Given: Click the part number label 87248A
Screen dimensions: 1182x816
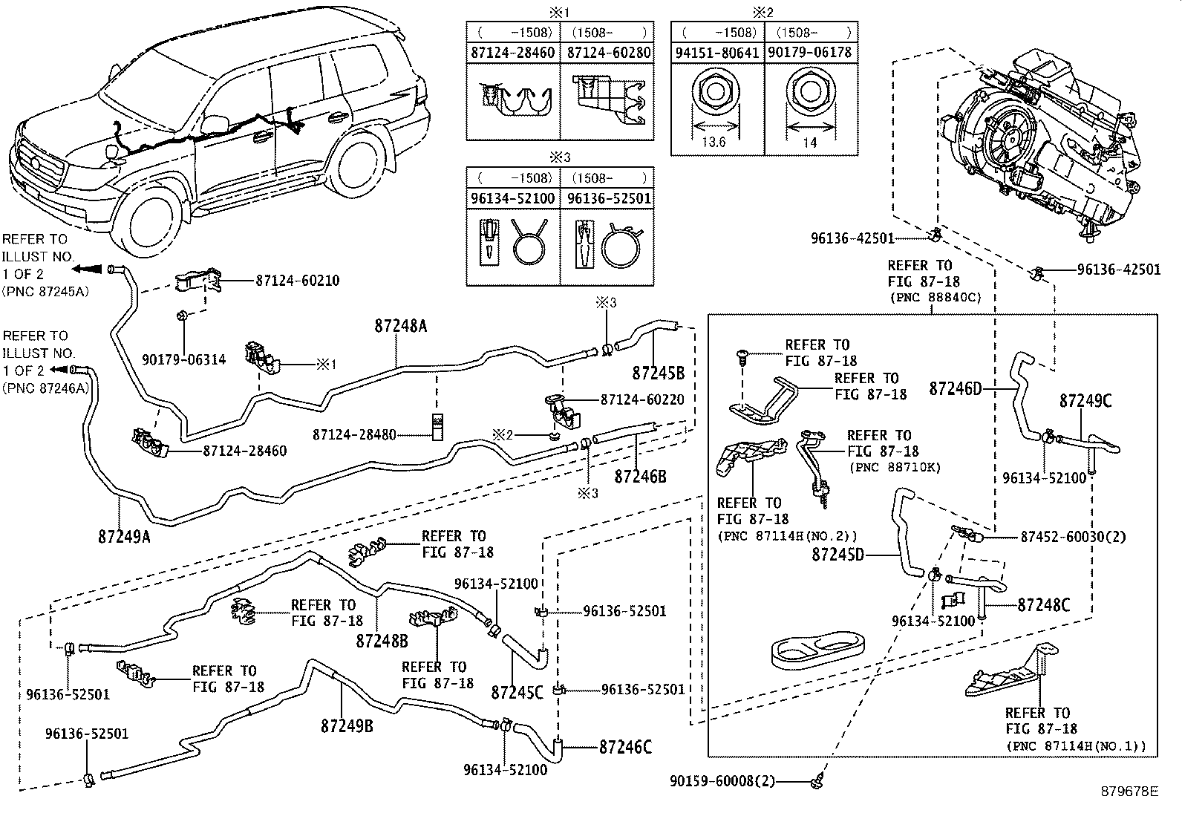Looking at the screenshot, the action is click(x=401, y=326).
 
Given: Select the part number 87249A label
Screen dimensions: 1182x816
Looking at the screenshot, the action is click(x=124, y=537).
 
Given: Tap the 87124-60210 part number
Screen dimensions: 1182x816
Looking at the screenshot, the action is click(x=298, y=280).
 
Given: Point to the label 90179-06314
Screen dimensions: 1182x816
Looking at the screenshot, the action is click(x=183, y=359).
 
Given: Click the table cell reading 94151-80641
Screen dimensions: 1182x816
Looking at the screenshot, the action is click(x=717, y=53).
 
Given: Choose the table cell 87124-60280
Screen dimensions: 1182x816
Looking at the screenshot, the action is click(x=609, y=53).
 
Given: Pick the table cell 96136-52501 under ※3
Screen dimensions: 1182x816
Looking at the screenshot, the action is click(x=609, y=198).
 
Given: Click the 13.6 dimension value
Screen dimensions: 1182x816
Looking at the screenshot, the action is click(x=714, y=142).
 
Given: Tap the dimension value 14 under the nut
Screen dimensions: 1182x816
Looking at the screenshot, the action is click(x=809, y=143).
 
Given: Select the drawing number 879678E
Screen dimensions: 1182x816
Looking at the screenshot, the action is click(x=1129, y=791).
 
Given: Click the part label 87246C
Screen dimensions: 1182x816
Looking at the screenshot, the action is click(x=625, y=747).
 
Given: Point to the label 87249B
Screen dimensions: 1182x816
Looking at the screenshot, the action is click(x=347, y=726).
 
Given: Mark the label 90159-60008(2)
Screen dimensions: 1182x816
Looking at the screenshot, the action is click(x=722, y=780).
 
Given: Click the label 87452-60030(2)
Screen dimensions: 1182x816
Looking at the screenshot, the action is click(x=1074, y=537).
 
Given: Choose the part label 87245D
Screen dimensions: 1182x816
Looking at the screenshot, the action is click(x=838, y=555).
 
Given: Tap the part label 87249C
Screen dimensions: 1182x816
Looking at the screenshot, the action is click(x=1085, y=401).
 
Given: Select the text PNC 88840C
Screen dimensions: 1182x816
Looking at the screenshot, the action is click(x=936, y=298).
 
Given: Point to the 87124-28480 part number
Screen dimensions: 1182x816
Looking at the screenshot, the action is click(x=354, y=434).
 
